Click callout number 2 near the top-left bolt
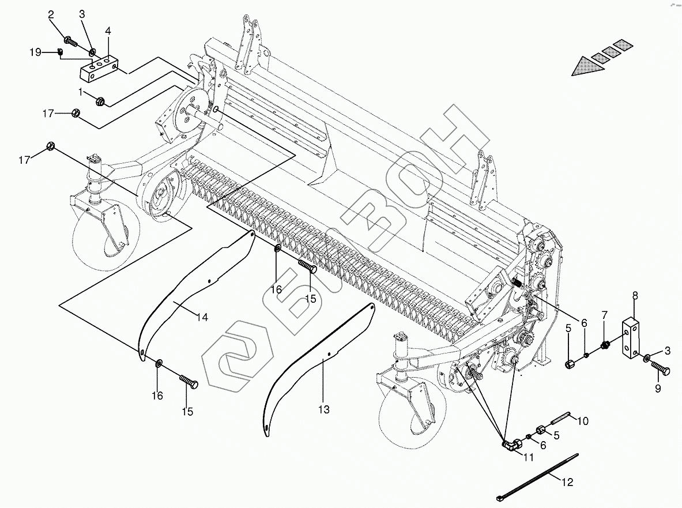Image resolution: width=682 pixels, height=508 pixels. [x=51, y=14]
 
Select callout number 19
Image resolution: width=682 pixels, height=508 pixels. [x=35, y=52]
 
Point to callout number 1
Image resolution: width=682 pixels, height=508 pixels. [x=81, y=91]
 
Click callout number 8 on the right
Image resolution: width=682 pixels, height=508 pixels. [x=635, y=296]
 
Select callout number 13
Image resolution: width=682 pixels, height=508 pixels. [x=323, y=409]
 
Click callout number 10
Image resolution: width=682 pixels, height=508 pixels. [x=582, y=421]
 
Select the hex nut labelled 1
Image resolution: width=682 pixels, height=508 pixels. [x=100, y=101]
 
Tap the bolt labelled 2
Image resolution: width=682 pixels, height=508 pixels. [x=69, y=40]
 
